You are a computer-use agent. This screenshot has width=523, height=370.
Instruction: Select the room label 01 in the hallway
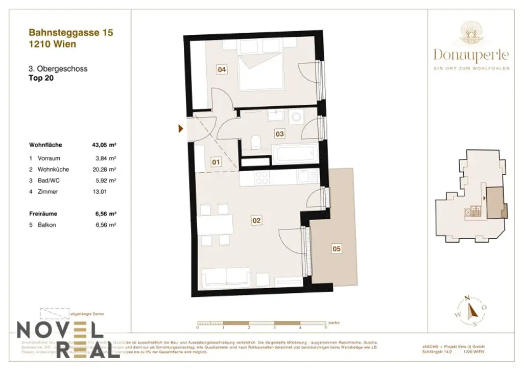click(216, 163)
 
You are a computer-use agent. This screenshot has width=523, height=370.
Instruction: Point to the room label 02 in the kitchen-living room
click(256, 221)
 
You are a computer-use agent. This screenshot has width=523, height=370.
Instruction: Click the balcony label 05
click(336, 249)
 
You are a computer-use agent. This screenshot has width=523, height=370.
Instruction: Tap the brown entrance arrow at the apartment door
click(180, 129)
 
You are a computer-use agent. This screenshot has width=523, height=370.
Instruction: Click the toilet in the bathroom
click(256, 141)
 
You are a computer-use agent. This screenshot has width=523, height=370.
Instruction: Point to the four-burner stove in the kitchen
click(262, 177)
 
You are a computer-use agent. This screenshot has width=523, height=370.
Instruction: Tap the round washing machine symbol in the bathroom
click(295, 118)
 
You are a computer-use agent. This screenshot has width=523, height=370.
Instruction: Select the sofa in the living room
click(226, 278)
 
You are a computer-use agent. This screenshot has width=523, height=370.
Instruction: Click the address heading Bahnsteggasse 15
click(71, 33)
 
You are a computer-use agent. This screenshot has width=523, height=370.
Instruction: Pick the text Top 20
click(41, 79)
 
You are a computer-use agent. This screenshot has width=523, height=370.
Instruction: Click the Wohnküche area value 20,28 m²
click(106, 169)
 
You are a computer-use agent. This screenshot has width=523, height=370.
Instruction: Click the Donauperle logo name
click(471, 54)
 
